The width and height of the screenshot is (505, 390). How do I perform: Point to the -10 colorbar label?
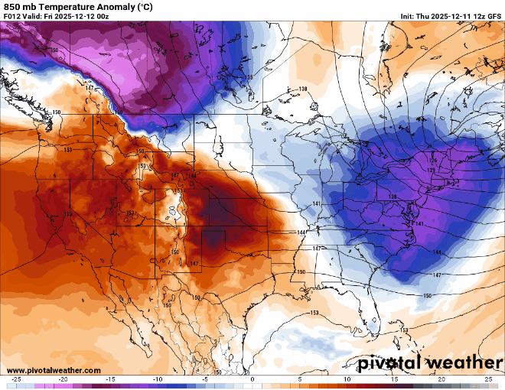click(158, 379)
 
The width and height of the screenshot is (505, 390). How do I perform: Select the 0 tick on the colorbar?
click(252, 379)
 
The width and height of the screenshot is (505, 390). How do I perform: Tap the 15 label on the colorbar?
click(394, 379)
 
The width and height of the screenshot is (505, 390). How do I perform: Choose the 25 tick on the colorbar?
click(488, 379)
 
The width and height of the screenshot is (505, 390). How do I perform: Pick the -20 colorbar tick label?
click(64, 379)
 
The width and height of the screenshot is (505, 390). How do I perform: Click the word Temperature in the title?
click(70, 7)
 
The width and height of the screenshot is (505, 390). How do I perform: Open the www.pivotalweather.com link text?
click(53, 370)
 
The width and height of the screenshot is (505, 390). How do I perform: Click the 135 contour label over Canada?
click(249, 77)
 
